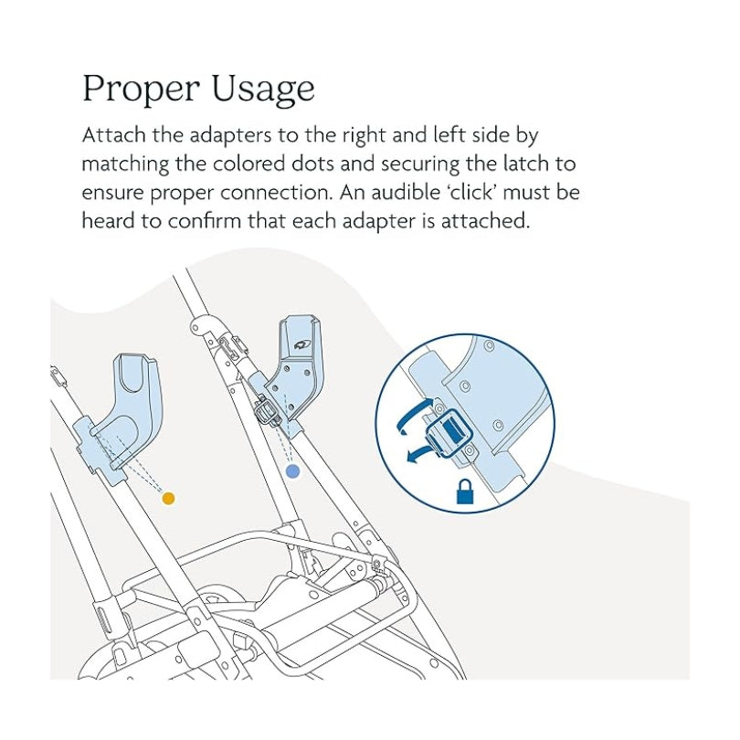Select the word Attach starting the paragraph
110,136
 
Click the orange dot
167,498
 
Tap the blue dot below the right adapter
292,470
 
